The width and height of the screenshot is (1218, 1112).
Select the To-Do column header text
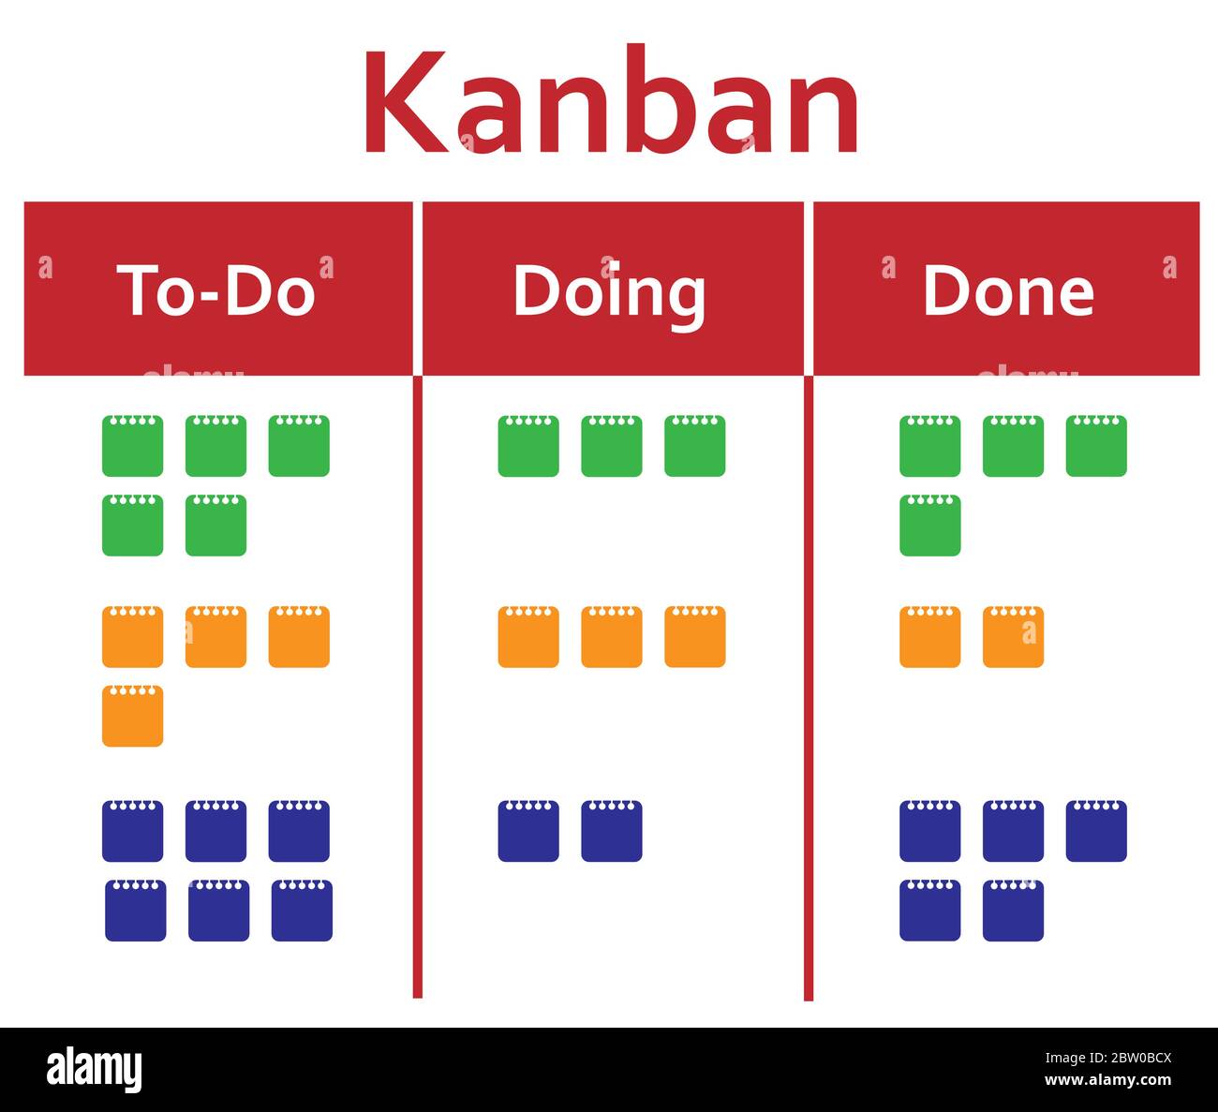215,289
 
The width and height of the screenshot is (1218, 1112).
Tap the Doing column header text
609,291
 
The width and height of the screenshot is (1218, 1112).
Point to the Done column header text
1008,290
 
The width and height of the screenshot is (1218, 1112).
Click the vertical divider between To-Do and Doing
417,684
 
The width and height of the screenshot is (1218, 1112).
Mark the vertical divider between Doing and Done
808,684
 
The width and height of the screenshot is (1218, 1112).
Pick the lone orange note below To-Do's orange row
132,717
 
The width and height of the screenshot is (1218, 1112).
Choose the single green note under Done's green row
929,526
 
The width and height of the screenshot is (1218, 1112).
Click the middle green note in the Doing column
611,447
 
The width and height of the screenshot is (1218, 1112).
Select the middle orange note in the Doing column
611,637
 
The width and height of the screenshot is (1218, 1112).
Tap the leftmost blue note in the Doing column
527,831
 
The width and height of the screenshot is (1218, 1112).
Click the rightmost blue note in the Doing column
611,831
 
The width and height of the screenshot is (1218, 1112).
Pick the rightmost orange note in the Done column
1013,637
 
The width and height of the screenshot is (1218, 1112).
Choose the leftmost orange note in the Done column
929,637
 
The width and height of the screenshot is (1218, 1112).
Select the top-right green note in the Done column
1096,447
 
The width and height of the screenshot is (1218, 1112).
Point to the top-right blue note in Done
1096,831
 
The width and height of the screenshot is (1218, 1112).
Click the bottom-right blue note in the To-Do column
302,911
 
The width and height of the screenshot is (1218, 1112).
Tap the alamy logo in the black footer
95,1069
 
